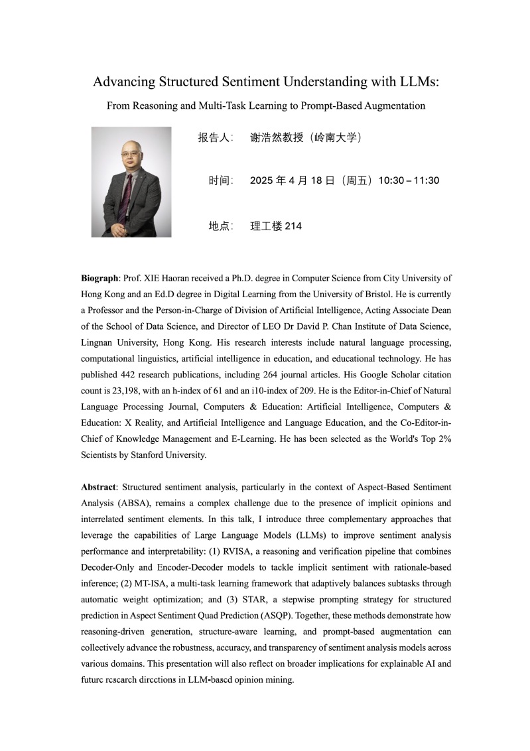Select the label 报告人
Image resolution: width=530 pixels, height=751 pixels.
(x=214, y=137)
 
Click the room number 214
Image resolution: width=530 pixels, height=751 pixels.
(x=293, y=226)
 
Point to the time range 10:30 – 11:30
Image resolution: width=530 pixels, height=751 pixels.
(x=409, y=180)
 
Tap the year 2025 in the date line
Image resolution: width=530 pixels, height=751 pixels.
(x=261, y=180)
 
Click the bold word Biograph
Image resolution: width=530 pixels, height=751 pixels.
(x=99, y=278)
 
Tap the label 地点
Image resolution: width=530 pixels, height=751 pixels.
(x=220, y=226)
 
